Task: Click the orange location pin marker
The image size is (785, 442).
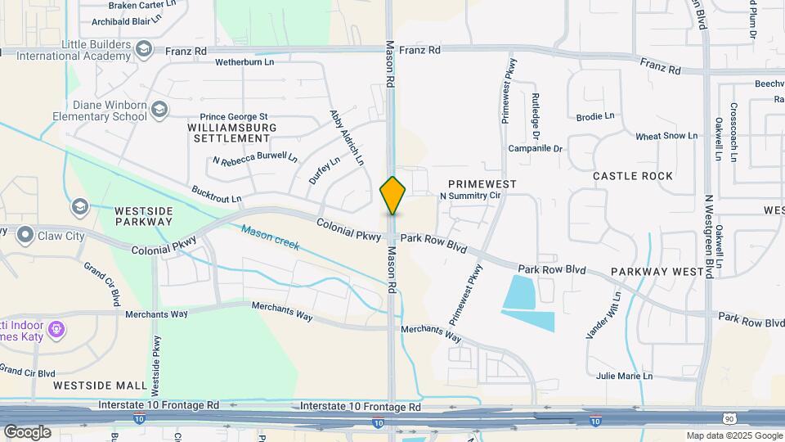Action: coord(392,196)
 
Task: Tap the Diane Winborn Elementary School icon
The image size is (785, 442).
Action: coord(159,110)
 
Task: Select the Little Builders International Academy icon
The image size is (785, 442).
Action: coord(145,50)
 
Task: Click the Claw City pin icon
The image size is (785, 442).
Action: coord(25,236)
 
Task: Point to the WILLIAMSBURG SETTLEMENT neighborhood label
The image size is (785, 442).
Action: coord(232,133)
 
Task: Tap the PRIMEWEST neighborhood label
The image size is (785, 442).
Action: coord(482,184)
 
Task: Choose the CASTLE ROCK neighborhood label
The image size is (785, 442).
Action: coord(632,176)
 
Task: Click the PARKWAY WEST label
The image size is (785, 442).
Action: coord(657,271)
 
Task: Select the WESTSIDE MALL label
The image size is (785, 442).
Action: coord(90,385)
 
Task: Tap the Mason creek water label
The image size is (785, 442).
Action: coord(270,237)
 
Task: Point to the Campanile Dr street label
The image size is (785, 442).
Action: coord(536,149)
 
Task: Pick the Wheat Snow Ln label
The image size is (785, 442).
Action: coord(666,136)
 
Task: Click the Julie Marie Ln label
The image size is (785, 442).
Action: coord(625,377)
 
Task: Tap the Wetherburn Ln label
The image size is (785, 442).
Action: coord(244,62)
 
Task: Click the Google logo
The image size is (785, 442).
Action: coord(26,432)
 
